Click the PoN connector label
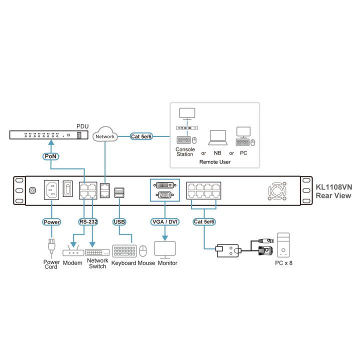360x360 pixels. pos(50,156)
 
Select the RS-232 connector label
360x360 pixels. pos(88,222)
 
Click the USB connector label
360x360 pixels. pos(119,222)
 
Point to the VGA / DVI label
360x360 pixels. pos(165,222)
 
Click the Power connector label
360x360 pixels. pos(51,222)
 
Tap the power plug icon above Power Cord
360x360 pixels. pos(51,247)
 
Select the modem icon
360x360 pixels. pos(73,250)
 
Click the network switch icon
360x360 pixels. pos(97,252)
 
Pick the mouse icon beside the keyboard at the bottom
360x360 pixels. pos(143,250)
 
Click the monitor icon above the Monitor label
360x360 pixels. pos(165,250)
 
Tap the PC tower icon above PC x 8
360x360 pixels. pos(283,245)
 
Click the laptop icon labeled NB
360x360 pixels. pos(217,138)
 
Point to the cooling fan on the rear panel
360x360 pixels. pos(277,191)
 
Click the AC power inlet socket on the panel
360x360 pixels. pos(51,190)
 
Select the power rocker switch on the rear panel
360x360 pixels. pos(67,188)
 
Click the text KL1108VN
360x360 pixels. pos(334,187)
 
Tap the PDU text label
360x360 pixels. pos(82,126)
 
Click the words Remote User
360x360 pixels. pos(215,162)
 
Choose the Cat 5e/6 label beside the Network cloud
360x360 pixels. pos(141,136)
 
